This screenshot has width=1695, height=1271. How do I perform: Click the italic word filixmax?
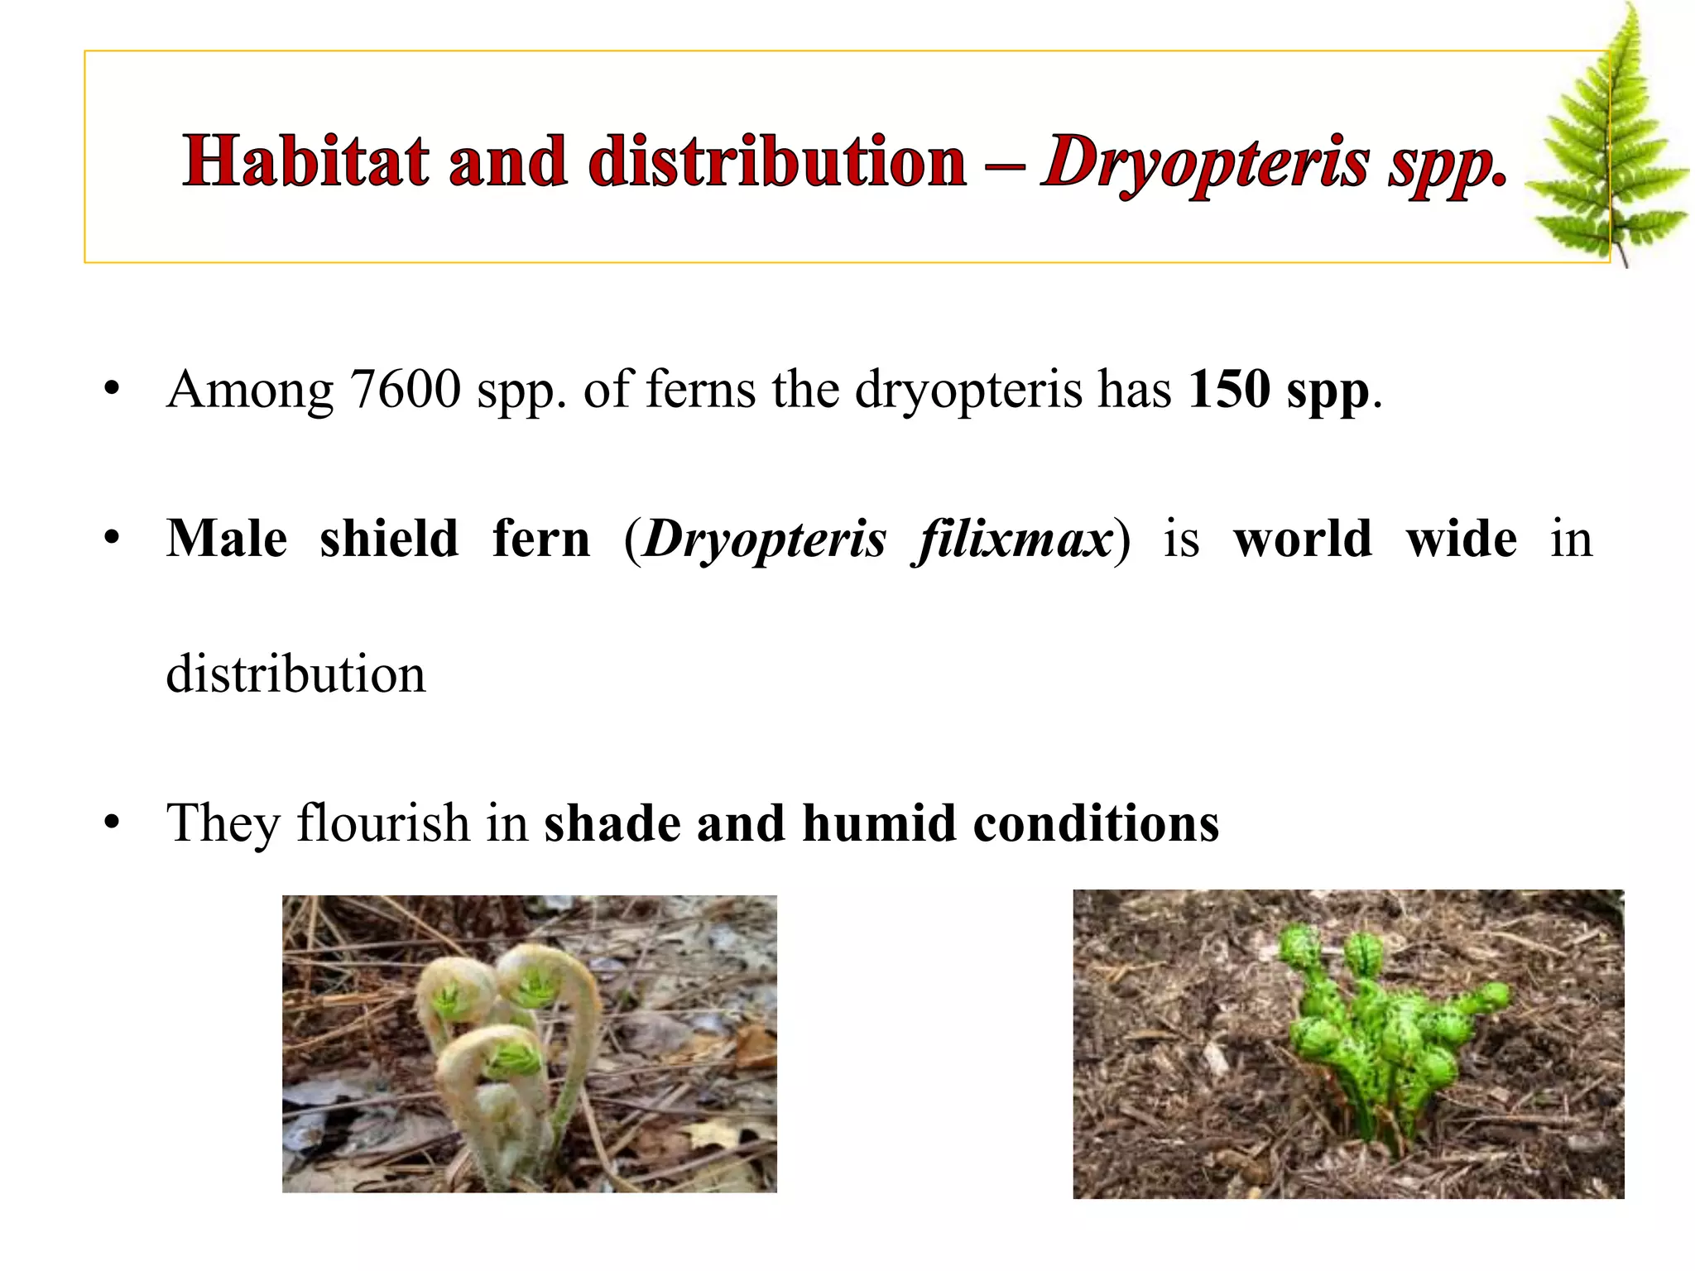pyautogui.click(x=1012, y=540)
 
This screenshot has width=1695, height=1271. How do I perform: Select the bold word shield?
pyautogui.click(x=389, y=540)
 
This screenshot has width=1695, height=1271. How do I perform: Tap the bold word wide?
pyautogui.click(x=1461, y=540)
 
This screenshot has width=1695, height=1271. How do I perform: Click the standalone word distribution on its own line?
pyautogui.click(x=295, y=674)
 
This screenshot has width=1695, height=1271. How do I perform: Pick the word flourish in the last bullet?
pyautogui.click(x=383, y=823)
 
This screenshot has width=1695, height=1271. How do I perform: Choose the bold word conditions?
pyautogui.click(x=1096, y=823)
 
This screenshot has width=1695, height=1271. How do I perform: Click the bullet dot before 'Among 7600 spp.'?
pyautogui.click(x=113, y=390)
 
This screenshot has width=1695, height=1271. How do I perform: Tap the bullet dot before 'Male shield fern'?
pyautogui.click(x=113, y=540)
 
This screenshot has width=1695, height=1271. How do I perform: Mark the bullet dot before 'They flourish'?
pyautogui.click(x=113, y=824)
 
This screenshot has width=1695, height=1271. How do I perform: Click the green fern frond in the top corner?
pyautogui.click(x=1610, y=141)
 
